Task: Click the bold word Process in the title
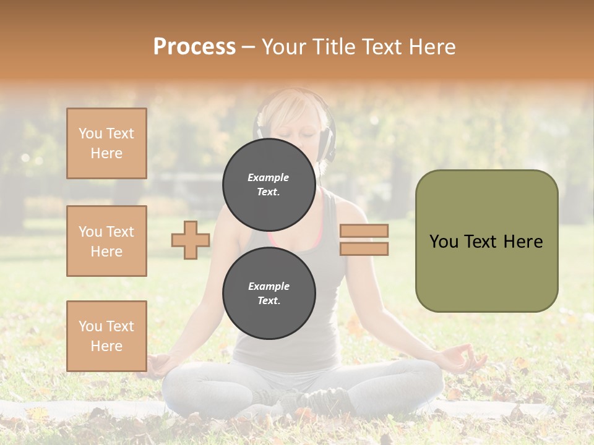(194, 46)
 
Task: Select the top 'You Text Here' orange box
(106, 143)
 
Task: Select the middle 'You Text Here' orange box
(106, 241)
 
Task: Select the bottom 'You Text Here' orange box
(106, 336)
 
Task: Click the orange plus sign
(191, 240)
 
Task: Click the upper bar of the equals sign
(364, 231)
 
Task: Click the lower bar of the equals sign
(364, 248)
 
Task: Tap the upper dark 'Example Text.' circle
(269, 184)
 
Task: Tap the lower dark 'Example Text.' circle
(269, 293)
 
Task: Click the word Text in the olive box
(486, 242)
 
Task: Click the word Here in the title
(433, 47)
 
